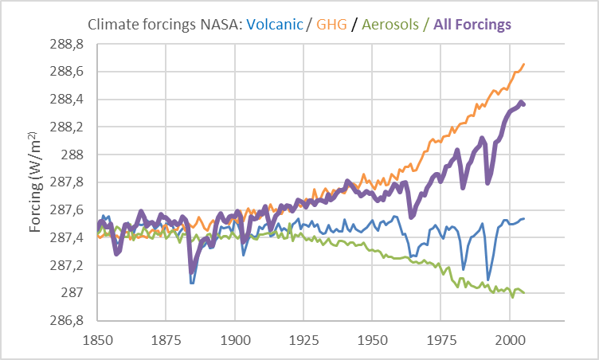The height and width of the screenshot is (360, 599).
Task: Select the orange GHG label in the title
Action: [331, 25]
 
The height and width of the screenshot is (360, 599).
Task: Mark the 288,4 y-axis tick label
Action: [72, 100]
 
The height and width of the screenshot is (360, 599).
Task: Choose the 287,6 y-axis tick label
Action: [72, 210]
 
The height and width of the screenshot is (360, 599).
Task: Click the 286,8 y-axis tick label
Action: [72, 321]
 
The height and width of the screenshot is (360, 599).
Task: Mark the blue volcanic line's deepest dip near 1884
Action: [192, 283]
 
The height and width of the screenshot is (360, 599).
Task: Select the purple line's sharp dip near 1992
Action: [487, 183]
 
